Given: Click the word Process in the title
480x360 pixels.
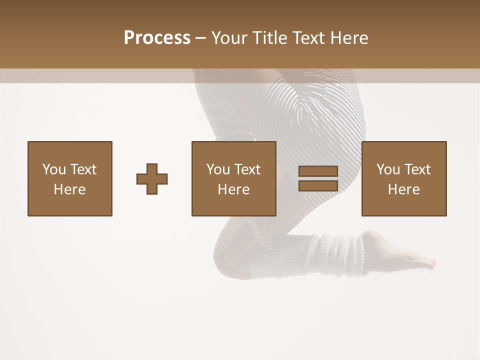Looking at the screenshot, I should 157,38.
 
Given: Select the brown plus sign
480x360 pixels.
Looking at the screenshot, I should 152,179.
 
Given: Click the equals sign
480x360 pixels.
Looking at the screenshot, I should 318,178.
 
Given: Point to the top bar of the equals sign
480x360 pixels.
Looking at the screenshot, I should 318,171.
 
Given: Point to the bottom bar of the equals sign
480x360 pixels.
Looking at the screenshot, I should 318,185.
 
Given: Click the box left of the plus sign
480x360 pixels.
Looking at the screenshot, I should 69,178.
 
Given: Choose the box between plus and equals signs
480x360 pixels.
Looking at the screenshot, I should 233,178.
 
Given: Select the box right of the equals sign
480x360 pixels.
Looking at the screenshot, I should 403,178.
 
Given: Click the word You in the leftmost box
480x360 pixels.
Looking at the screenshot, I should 54,169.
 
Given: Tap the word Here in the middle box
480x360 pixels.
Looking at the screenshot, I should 233,189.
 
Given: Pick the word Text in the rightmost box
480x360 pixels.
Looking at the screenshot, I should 417,169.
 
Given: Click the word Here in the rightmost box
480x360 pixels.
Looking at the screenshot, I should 403,189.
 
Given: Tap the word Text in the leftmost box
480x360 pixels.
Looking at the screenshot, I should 82,169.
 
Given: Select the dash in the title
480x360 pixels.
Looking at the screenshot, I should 200,38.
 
